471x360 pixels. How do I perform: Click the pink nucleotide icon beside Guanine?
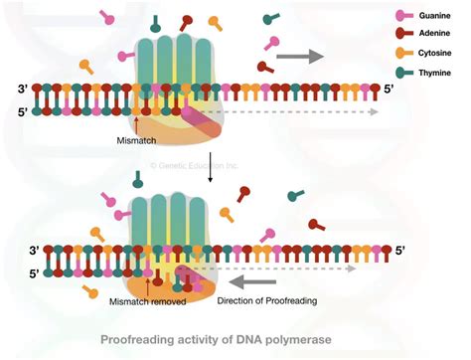[403, 16]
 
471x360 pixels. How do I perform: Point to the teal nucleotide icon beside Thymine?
[403, 72]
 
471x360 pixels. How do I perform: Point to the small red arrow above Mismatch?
[136, 123]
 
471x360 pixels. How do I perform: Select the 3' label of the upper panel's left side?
[24, 90]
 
